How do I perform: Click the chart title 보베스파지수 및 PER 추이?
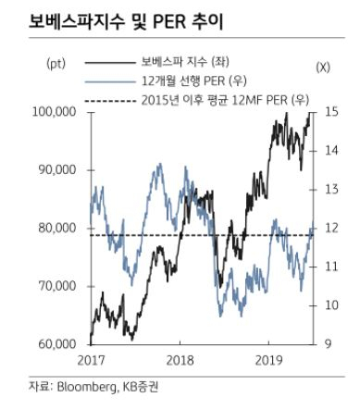click(126, 21)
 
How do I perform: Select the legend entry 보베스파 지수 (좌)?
click(185, 62)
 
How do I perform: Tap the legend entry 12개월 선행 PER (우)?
click(194, 81)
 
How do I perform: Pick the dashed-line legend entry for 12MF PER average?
click(225, 100)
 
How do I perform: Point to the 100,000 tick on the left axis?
click(55, 112)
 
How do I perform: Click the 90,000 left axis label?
click(57, 170)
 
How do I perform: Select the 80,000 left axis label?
click(57, 228)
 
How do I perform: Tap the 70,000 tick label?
click(57, 286)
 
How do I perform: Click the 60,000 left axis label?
click(57, 344)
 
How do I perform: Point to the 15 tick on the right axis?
click(331, 112)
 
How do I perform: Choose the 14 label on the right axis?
click(331, 151)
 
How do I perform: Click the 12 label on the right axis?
click(331, 228)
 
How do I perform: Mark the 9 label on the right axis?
click(329, 344)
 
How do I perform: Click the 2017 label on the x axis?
click(91, 360)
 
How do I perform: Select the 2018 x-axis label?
click(180, 360)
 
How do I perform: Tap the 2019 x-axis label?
click(269, 360)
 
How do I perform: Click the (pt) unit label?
click(56, 64)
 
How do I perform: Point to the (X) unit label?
click(323, 68)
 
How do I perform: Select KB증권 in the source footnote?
click(141, 387)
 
